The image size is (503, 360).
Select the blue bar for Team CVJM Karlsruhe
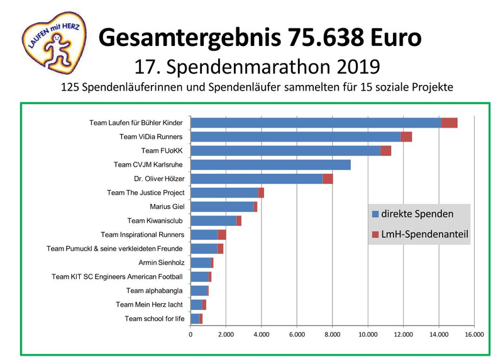[270, 165]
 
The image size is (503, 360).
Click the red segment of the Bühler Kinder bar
[449, 123]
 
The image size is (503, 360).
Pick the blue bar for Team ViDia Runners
[296, 137]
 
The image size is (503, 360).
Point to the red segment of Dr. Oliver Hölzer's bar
[328, 179]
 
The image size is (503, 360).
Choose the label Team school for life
[155, 318]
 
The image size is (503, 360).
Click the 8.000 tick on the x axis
[332, 335]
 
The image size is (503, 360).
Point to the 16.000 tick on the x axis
[473, 335]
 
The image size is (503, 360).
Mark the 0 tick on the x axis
[191, 335]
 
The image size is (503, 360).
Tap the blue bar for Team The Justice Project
[224, 193]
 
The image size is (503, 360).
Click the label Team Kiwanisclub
[156, 221]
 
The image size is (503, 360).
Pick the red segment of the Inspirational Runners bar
[222, 235]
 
